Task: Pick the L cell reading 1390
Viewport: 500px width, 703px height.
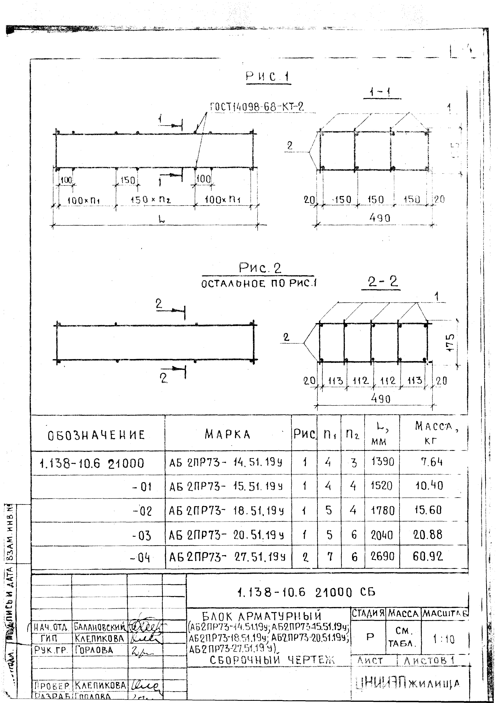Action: [382, 462]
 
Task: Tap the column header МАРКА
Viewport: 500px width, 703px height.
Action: [228, 434]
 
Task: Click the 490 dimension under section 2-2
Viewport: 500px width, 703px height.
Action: [381, 399]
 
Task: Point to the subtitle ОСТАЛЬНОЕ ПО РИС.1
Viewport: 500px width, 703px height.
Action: [259, 283]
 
